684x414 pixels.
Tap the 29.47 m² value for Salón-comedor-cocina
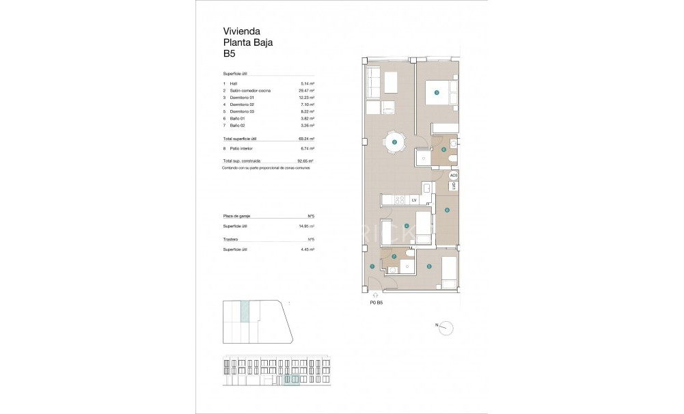pos(307,91)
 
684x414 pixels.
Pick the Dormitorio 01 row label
pos(243,98)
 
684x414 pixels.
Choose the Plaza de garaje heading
pos(237,215)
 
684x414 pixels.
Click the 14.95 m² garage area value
pos(307,225)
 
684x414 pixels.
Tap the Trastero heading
pos(231,240)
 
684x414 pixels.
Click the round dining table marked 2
pos(395,142)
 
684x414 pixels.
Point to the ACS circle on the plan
pos(454,176)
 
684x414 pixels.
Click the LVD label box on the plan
pos(453,186)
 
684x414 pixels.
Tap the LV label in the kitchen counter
pos(414,199)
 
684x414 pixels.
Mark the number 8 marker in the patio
pos(447,210)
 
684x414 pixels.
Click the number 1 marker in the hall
pos(372,267)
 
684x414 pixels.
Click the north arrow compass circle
pos(446,328)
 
